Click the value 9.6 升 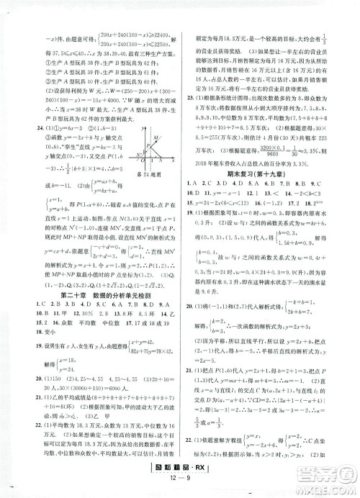point(202,293)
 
